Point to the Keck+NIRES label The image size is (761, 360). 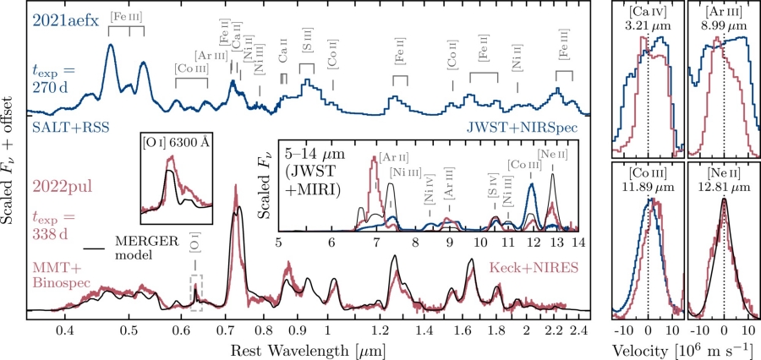528,267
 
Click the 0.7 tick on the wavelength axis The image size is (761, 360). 229,329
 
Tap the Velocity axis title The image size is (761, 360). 682,347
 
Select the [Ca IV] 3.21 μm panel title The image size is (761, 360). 647,17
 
